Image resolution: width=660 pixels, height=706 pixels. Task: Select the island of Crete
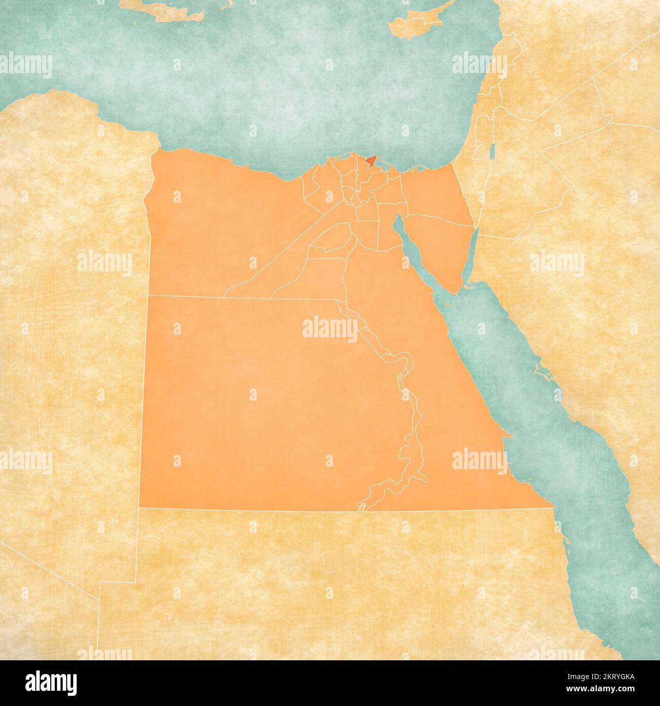[168, 12]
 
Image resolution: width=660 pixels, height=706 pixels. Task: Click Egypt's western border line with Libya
[145, 356]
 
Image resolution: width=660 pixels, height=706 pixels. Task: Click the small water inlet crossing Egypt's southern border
[361, 506]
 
